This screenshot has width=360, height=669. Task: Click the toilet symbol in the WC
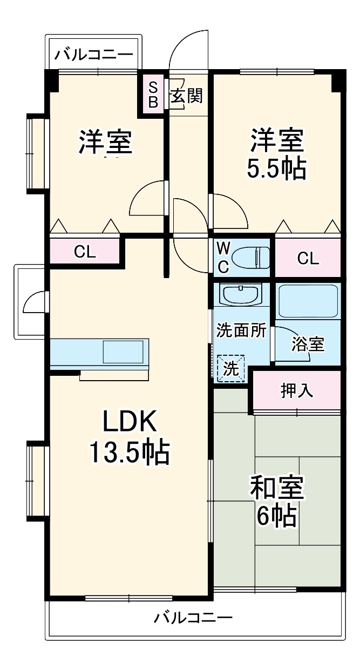(x=250, y=257)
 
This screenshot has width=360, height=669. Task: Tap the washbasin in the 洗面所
(x=239, y=294)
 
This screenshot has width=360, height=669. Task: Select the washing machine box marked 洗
(x=230, y=368)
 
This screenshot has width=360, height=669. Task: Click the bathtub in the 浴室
(x=308, y=301)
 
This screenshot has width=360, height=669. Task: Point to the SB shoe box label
(x=153, y=94)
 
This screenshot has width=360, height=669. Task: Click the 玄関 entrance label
(x=186, y=96)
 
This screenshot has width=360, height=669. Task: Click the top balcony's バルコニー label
(x=93, y=55)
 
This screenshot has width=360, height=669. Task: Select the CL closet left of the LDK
(x=85, y=251)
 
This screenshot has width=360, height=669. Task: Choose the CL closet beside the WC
(x=308, y=258)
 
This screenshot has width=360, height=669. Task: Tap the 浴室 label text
(x=308, y=344)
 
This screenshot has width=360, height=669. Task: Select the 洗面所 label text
(x=241, y=330)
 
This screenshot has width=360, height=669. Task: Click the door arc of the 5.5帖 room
(x=237, y=206)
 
